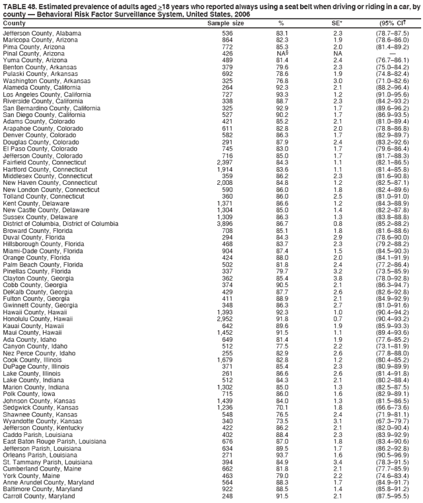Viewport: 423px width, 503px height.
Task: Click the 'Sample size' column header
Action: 226,23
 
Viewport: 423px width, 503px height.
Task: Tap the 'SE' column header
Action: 337,23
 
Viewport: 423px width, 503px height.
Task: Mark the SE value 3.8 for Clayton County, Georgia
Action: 337,279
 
